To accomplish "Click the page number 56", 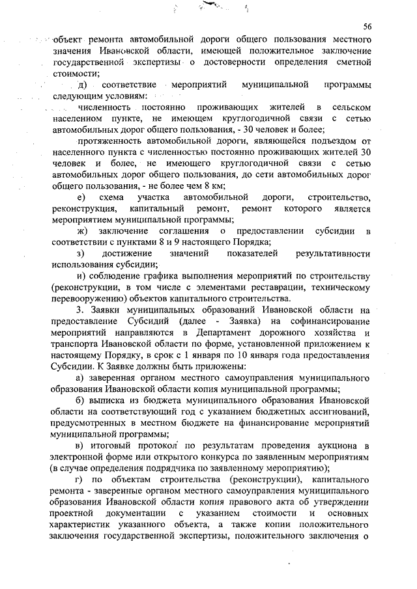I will pos(367,26).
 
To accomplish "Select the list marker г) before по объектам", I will pos(80,480).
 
